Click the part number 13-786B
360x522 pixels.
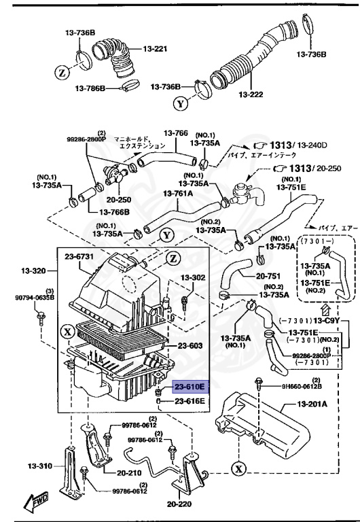point(91,88)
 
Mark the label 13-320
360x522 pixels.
point(32,271)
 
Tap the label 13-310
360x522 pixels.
point(41,466)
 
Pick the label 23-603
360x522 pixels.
point(191,346)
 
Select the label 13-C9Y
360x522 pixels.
point(327,320)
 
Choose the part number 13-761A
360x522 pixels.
point(178,194)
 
